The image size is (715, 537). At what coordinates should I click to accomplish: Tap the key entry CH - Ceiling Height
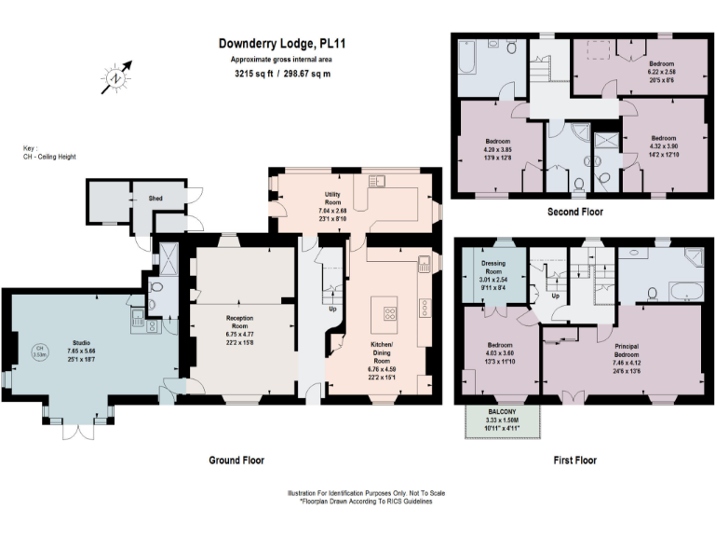point(49,156)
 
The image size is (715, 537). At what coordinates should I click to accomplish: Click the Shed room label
point(156,198)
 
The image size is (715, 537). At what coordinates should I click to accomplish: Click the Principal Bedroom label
point(627,355)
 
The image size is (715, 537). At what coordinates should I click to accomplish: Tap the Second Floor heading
point(574,212)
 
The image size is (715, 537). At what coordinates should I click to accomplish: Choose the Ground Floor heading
point(236,461)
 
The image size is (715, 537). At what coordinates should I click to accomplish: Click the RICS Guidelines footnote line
point(366,501)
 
